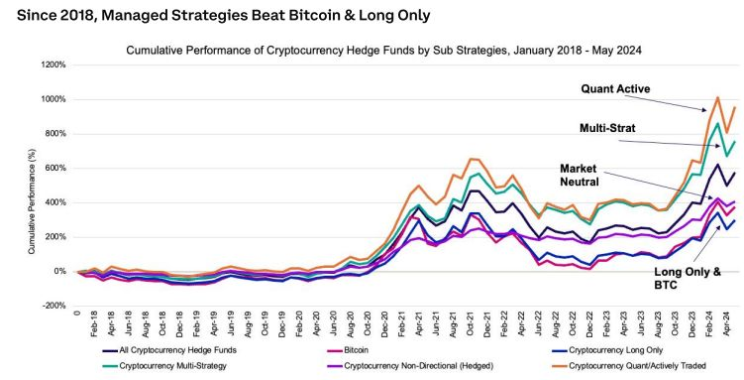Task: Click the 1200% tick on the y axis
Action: pyautogui.click(x=52, y=65)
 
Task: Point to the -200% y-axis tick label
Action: pyautogui.click(x=53, y=307)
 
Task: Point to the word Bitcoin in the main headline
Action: pyautogui.click(x=323, y=16)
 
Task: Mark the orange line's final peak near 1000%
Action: pyautogui.click(x=716, y=97)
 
